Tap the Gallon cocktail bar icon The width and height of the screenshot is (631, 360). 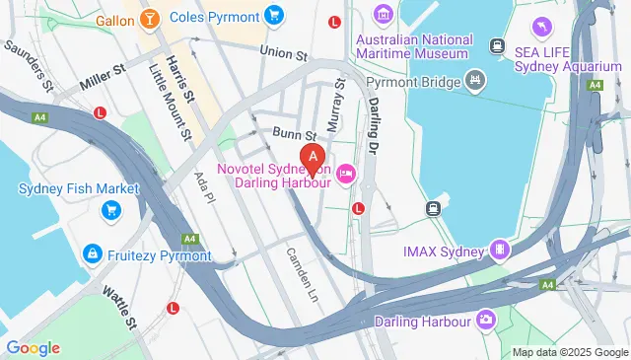coord(149,19)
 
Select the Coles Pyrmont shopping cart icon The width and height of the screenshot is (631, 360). coord(273,16)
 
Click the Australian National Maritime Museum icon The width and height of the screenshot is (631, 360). coord(383,16)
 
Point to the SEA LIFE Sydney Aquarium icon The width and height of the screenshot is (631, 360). coord(541,26)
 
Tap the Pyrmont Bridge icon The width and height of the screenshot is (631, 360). coord(476,78)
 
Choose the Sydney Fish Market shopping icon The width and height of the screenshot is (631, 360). coord(110,209)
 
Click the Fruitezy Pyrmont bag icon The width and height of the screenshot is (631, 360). coord(92,254)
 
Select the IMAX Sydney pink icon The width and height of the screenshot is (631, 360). coord(501,250)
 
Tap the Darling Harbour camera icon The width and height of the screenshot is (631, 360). coord(485,320)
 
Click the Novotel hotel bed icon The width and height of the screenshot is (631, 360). coord(345,176)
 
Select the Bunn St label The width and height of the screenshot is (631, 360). coord(295,134)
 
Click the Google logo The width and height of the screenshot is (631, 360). coord(33,347)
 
